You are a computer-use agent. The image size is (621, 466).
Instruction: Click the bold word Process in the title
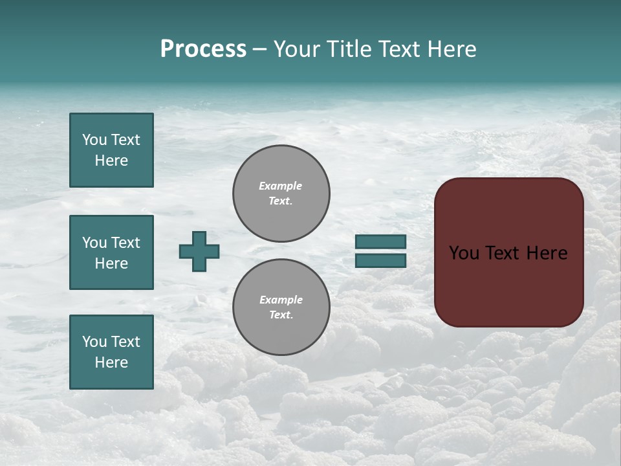tap(203, 49)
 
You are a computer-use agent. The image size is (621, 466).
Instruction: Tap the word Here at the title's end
tap(450, 49)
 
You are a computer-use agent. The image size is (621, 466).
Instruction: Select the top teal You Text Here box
tap(111, 150)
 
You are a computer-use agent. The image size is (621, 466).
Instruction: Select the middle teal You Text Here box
tap(111, 252)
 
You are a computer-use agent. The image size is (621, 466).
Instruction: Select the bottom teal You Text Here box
tap(111, 351)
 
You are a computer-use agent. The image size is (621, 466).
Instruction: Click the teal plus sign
tap(199, 251)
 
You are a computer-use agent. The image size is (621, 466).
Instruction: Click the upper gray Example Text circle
tap(281, 194)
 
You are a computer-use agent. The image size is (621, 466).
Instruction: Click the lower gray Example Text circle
tap(281, 307)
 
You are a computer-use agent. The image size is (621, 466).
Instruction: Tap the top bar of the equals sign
tap(380, 241)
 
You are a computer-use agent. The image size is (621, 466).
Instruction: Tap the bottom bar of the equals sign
tap(380, 260)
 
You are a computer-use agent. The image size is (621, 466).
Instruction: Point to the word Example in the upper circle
tap(280, 186)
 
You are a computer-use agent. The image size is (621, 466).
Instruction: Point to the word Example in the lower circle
tap(281, 300)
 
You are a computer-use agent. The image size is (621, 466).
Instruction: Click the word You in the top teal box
tap(94, 140)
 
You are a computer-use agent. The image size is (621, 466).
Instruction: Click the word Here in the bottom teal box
tap(111, 362)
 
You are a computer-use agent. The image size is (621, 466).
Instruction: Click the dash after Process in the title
tap(259, 50)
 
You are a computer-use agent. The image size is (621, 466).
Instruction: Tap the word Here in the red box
tap(547, 253)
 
